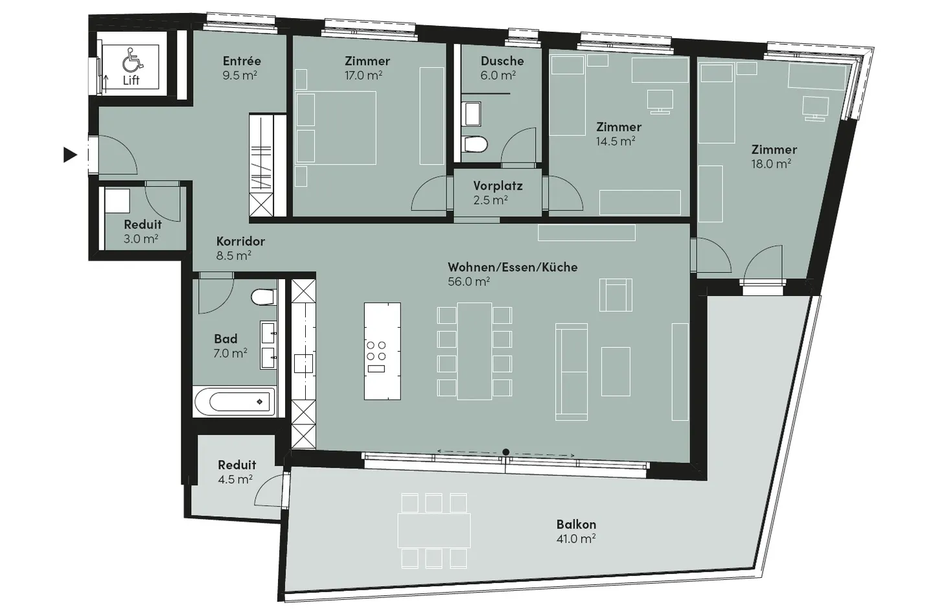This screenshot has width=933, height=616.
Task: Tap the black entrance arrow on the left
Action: pos(70,155)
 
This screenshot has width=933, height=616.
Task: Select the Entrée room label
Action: pos(242,61)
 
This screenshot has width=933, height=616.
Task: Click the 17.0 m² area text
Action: pos(363,76)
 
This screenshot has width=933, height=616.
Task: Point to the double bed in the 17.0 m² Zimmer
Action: pos(336,127)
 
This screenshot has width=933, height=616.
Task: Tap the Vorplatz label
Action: pos(498,186)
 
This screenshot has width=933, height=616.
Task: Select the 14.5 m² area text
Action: pos(615,141)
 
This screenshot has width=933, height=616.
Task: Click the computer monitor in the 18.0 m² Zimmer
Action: pos(815,107)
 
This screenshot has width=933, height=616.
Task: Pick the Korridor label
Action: pos(240,242)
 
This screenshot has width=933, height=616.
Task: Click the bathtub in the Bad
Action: pos(234,402)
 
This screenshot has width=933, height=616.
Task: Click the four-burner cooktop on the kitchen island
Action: pos(376,351)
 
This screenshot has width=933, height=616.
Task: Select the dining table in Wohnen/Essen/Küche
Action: pos(475,350)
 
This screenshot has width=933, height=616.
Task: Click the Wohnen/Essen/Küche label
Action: pos(512,267)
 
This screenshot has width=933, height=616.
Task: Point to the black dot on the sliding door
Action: pos(506,452)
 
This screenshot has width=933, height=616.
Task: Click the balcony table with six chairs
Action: pos(433,530)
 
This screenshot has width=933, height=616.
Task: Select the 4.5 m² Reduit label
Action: pos(236,465)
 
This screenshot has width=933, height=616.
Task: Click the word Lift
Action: pos(131,81)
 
